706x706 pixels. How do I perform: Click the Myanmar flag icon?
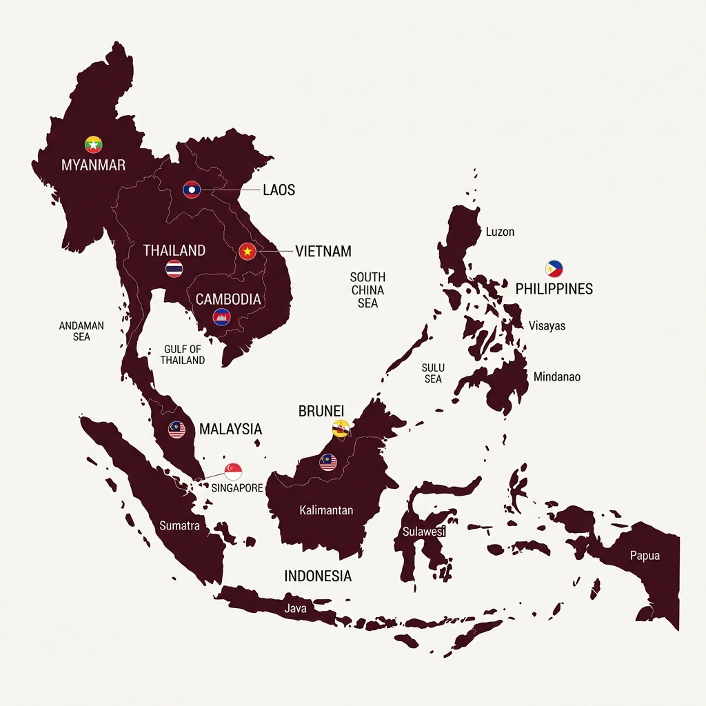click(94, 144)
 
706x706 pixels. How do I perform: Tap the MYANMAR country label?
click(93, 165)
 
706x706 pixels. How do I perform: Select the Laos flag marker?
click(192, 190)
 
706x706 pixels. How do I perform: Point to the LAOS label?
click(279, 190)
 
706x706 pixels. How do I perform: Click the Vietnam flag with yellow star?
click(248, 252)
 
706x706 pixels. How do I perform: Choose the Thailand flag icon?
click(174, 269)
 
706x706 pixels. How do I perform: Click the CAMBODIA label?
click(228, 299)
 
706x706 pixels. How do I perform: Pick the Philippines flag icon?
click(554, 269)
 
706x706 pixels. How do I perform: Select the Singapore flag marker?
click(233, 472)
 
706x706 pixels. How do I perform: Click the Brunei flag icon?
click(341, 428)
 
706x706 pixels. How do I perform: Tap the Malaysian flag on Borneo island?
click(328, 462)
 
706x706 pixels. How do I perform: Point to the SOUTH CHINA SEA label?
click(367, 290)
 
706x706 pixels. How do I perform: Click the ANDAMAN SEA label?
click(81, 331)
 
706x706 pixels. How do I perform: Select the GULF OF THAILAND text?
click(183, 354)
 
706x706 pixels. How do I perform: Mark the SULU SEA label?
click(433, 373)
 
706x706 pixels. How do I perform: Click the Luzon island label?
click(500, 232)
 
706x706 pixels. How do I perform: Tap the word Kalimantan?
click(326, 510)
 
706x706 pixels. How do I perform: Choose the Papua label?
click(645, 556)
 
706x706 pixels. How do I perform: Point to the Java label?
click(295, 609)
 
